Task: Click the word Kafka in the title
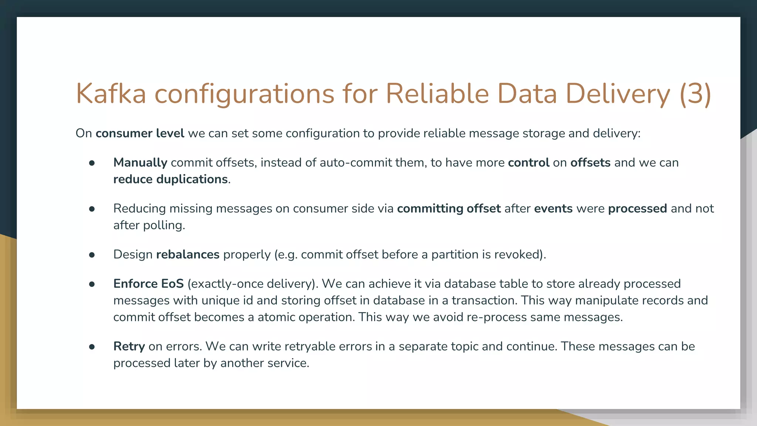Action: click(111, 94)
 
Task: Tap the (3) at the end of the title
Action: click(695, 94)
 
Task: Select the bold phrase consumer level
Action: click(140, 133)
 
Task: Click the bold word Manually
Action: click(140, 163)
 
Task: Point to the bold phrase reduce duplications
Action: click(170, 179)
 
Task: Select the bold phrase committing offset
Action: click(449, 209)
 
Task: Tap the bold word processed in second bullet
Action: click(637, 209)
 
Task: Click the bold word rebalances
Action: click(188, 254)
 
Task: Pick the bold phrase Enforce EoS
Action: click(148, 284)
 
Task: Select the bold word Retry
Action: click(129, 346)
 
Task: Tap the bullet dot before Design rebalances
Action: click(92, 255)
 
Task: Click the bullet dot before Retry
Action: click(92, 346)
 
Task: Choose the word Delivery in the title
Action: click(617, 94)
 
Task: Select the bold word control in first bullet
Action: click(529, 163)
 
